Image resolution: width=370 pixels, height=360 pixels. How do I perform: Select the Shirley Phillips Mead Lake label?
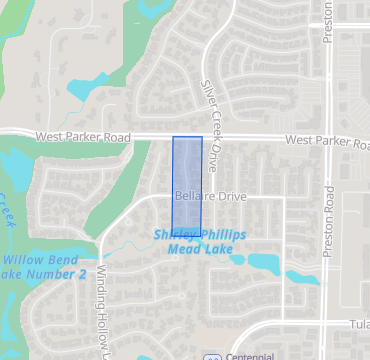[200, 240]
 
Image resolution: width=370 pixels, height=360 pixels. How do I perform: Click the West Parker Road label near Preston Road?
[326, 141]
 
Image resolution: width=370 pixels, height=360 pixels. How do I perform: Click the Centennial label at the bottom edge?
[250, 355]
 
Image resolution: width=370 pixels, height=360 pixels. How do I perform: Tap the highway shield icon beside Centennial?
[212, 356]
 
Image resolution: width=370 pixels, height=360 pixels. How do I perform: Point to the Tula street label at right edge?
[360, 324]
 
